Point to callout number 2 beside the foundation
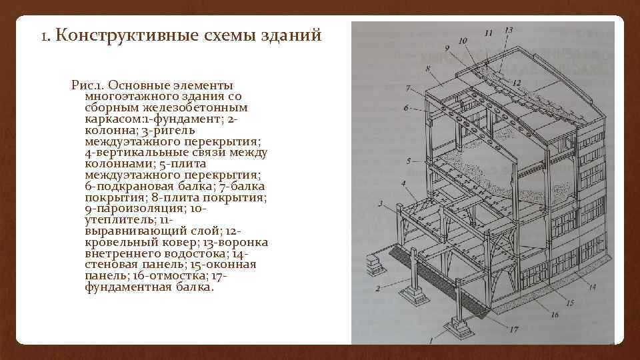pos(377,289)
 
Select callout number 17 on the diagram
pos(513,329)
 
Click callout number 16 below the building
pos(555,315)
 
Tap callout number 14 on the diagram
pos(592,287)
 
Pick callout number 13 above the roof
pos(509,30)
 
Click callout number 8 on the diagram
pos(425,69)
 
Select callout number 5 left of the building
pos(408,161)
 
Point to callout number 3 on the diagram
pos(381,203)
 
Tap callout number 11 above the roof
pos(489,32)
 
